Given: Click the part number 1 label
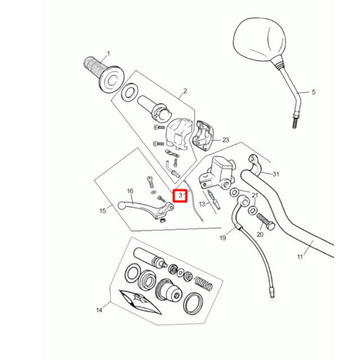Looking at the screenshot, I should [108, 53].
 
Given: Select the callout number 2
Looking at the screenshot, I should [185, 91].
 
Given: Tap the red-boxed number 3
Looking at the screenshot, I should [180, 196].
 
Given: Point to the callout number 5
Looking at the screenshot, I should [314, 92].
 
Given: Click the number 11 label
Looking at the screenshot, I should [300, 257].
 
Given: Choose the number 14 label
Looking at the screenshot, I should [100, 310].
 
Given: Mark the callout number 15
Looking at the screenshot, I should [102, 211].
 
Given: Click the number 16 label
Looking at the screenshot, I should [130, 191].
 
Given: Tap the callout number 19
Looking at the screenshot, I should [223, 238].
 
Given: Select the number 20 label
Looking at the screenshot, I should [259, 234].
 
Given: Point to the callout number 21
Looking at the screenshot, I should [254, 195].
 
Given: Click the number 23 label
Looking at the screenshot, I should [226, 139].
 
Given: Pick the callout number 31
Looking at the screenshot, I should [276, 173].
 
